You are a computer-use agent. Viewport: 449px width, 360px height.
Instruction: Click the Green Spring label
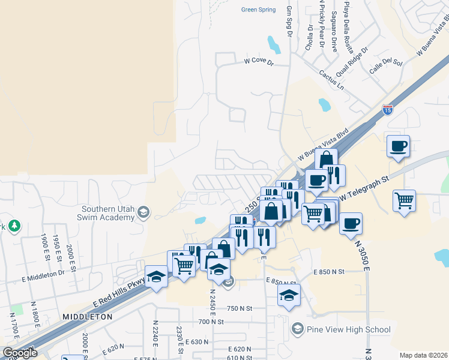(x=258, y=10)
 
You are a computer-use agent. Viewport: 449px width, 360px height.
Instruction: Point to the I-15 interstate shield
(x=388, y=110)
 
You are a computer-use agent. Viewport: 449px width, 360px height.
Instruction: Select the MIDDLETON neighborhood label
(x=88, y=316)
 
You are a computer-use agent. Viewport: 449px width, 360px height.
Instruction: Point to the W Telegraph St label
(x=365, y=187)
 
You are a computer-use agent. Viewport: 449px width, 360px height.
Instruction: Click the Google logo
(x=19, y=353)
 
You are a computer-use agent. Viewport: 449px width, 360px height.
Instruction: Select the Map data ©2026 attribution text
(x=424, y=355)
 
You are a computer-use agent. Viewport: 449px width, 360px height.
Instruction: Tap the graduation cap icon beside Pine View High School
(x=297, y=329)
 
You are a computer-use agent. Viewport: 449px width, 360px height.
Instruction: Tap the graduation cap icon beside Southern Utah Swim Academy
(x=143, y=212)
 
